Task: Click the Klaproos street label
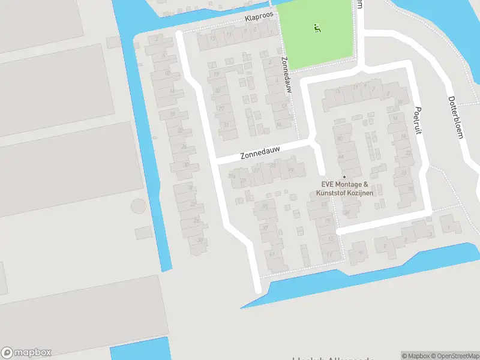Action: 259,18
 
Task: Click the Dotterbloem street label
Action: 456,117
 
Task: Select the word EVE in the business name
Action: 328,185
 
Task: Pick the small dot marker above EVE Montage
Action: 344,176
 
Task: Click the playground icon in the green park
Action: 317,28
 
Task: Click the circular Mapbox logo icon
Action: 7,353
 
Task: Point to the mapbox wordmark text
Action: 33,353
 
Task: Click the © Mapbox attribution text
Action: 415,356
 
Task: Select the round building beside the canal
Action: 138,207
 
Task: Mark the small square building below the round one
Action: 143,233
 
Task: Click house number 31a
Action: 232,176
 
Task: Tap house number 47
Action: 272,253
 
